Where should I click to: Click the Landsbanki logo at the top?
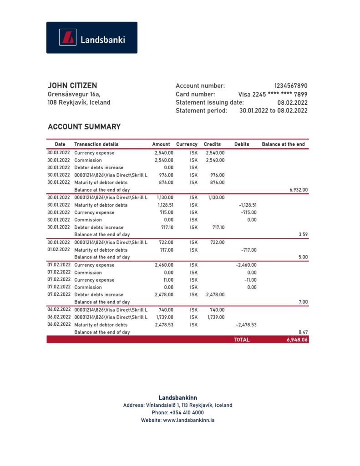click(91, 38)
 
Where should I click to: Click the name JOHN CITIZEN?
click(72, 86)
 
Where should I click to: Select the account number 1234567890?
click(290, 86)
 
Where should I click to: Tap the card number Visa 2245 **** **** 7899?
click(273, 94)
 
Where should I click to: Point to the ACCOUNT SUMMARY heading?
click(84, 127)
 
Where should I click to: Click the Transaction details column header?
click(96, 144)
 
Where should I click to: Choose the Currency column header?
click(187, 144)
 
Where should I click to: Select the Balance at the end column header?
click(283, 144)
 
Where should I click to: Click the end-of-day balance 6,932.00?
click(299, 190)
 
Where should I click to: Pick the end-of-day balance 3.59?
click(303, 235)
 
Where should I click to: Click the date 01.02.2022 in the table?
click(59, 250)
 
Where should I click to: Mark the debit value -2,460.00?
click(247, 265)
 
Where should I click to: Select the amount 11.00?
click(168, 280)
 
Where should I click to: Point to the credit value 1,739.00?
click(216, 317)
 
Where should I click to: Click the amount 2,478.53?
click(164, 325)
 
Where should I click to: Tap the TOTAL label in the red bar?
click(242, 339)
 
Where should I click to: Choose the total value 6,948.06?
click(297, 339)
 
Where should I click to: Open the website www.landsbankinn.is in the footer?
click(188, 420)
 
